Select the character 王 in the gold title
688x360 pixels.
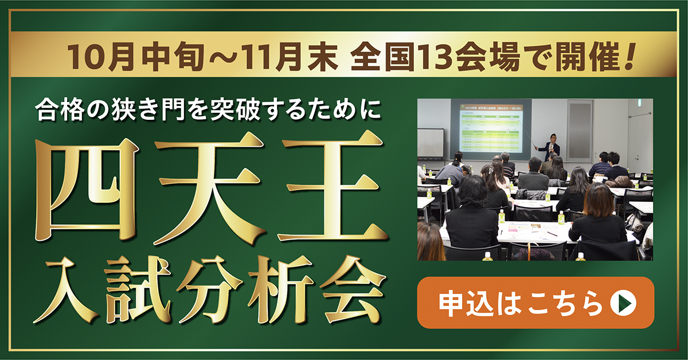(333, 189)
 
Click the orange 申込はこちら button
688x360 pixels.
(535, 303)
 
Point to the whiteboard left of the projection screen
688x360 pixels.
(431, 143)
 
